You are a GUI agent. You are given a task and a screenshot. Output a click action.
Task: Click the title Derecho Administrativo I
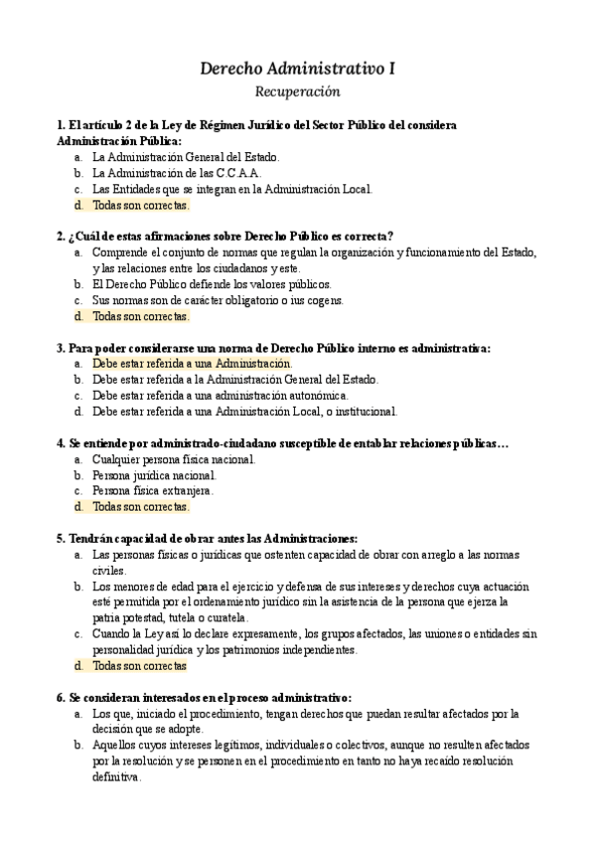click(x=298, y=68)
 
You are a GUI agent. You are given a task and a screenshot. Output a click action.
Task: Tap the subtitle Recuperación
click(x=298, y=91)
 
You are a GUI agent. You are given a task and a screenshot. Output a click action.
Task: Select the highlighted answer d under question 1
click(x=140, y=206)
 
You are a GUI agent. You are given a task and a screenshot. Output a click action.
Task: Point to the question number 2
click(x=62, y=237)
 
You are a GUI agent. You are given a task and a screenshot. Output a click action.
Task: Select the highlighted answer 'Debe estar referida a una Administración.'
click(x=192, y=364)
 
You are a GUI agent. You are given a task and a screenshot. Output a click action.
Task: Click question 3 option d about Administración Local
click(x=244, y=412)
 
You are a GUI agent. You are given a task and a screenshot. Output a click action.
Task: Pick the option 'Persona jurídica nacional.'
click(x=153, y=475)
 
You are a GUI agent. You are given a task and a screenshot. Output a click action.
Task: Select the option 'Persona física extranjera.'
click(x=153, y=491)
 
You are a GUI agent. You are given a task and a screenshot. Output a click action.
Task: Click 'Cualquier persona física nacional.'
click(x=174, y=459)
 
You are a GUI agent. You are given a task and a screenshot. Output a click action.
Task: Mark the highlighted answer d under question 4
click(x=140, y=507)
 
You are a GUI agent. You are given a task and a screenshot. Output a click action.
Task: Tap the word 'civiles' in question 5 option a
click(x=109, y=571)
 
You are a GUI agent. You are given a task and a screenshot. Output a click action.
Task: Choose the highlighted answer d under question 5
click(x=139, y=665)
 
